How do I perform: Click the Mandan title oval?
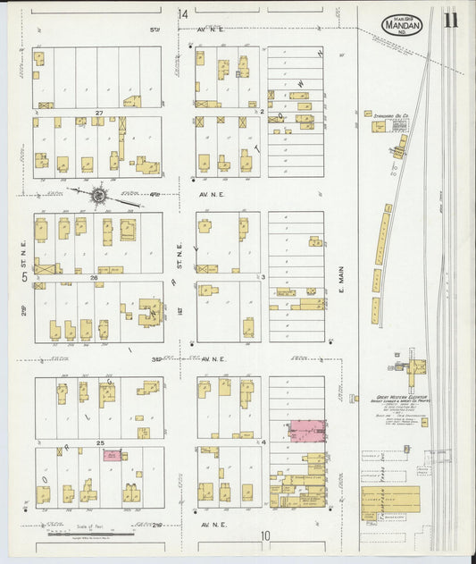pyautogui.click(x=404, y=24)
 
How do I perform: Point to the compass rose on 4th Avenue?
pyautogui.click(x=98, y=194)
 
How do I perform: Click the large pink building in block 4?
pyautogui.click(x=306, y=431)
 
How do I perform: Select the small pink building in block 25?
pyautogui.click(x=112, y=455)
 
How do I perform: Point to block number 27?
pyautogui.click(x=100, y=113)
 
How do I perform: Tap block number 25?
pyautogui.click(x=100, y=443)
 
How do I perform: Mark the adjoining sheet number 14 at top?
pyautogui.click(x=183, y=14)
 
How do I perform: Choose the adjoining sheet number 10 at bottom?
pyautogui.click(x=265, y=535)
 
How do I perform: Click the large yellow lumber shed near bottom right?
pyautogui.click(x=389, y=503)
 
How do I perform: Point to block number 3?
pyautogui.click(x=264, y=278)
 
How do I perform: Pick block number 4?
pyautogui.click(x=264, y=442)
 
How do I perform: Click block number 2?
pyautogui.click(x=264, y=113)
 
